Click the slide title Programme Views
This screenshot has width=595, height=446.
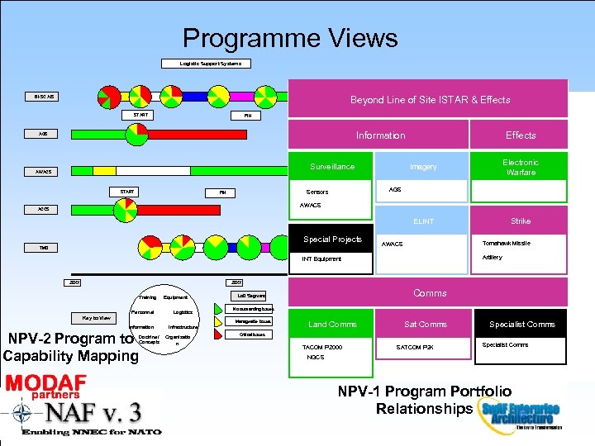[x=290, y=38]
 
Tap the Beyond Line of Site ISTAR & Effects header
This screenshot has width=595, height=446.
[x=430, y=100]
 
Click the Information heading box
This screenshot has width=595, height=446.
[x=380, y=135]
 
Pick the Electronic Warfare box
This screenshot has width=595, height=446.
[x=520, y=167]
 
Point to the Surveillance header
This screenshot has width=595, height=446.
[x=332, y=167]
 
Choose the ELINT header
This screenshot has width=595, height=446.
[x=424, y=221]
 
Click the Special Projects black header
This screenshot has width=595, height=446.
[x=332, y=240]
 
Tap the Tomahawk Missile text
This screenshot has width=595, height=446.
[x=507, y=244]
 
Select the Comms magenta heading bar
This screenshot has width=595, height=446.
[x=430, y=293]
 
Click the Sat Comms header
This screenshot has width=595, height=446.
[x=426, y=325]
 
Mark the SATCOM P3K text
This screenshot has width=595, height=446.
[x=421, y=347]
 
